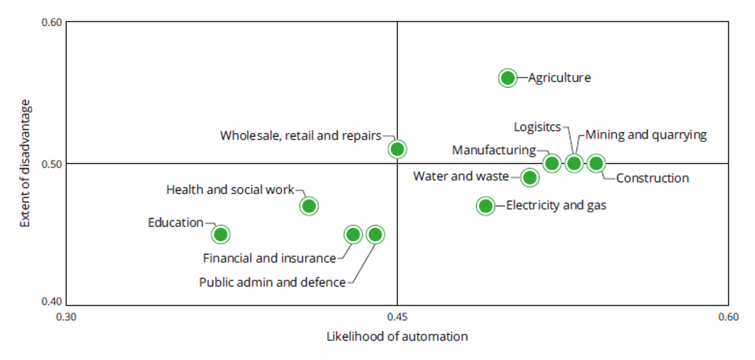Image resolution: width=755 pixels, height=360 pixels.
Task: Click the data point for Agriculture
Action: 507,78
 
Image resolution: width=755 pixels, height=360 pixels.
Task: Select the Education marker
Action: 221,235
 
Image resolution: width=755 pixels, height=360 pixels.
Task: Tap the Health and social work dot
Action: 309,206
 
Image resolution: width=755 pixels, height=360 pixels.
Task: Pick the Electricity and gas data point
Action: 486,206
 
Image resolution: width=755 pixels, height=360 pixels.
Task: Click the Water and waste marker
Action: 530,177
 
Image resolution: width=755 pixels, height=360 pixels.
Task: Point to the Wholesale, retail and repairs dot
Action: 397,149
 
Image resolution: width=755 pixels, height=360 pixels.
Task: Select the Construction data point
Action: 596,163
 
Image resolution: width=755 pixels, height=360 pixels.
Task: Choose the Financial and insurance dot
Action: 353,235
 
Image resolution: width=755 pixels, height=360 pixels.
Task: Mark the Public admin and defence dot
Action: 375,235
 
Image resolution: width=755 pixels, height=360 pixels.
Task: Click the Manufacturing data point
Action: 552,163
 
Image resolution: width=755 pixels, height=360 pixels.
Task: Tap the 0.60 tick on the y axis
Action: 51,22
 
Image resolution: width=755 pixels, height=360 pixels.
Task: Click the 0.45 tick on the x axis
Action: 397,317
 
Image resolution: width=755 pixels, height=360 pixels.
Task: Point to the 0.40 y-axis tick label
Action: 51,301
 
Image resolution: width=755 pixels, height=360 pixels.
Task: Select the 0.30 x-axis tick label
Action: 66,317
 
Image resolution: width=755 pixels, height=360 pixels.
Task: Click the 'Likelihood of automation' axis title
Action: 397,336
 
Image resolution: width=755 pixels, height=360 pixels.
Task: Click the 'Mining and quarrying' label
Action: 646,135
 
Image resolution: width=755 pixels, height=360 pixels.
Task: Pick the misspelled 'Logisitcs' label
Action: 537,127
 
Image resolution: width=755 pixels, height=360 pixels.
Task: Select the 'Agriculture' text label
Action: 559,78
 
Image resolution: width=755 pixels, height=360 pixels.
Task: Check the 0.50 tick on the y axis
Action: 51,164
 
